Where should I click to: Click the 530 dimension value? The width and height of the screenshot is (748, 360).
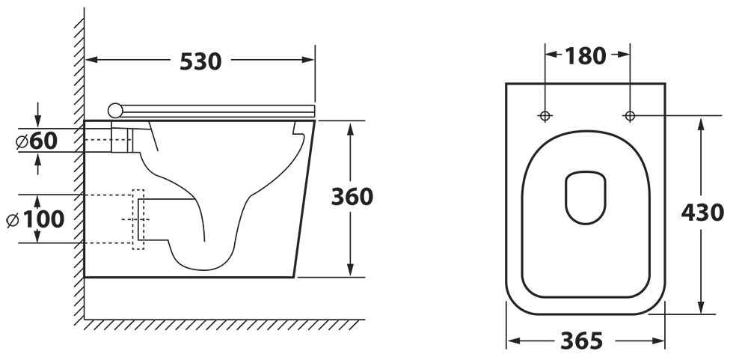point(200,61)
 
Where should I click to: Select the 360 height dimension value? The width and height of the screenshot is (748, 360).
point(352,197)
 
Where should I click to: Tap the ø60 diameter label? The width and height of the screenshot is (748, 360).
point(37,141)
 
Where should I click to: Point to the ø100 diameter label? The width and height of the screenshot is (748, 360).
point(36,219)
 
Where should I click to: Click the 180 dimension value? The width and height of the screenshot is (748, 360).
point(586,56)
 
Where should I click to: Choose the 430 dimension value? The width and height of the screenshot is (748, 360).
point(702,213)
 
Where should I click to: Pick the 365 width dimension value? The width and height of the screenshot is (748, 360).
point(581,341)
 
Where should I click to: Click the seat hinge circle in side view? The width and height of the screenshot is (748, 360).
point(115,110)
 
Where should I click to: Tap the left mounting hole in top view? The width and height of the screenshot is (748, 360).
point(545,115)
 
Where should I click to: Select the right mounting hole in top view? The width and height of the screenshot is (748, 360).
point(630,115)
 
